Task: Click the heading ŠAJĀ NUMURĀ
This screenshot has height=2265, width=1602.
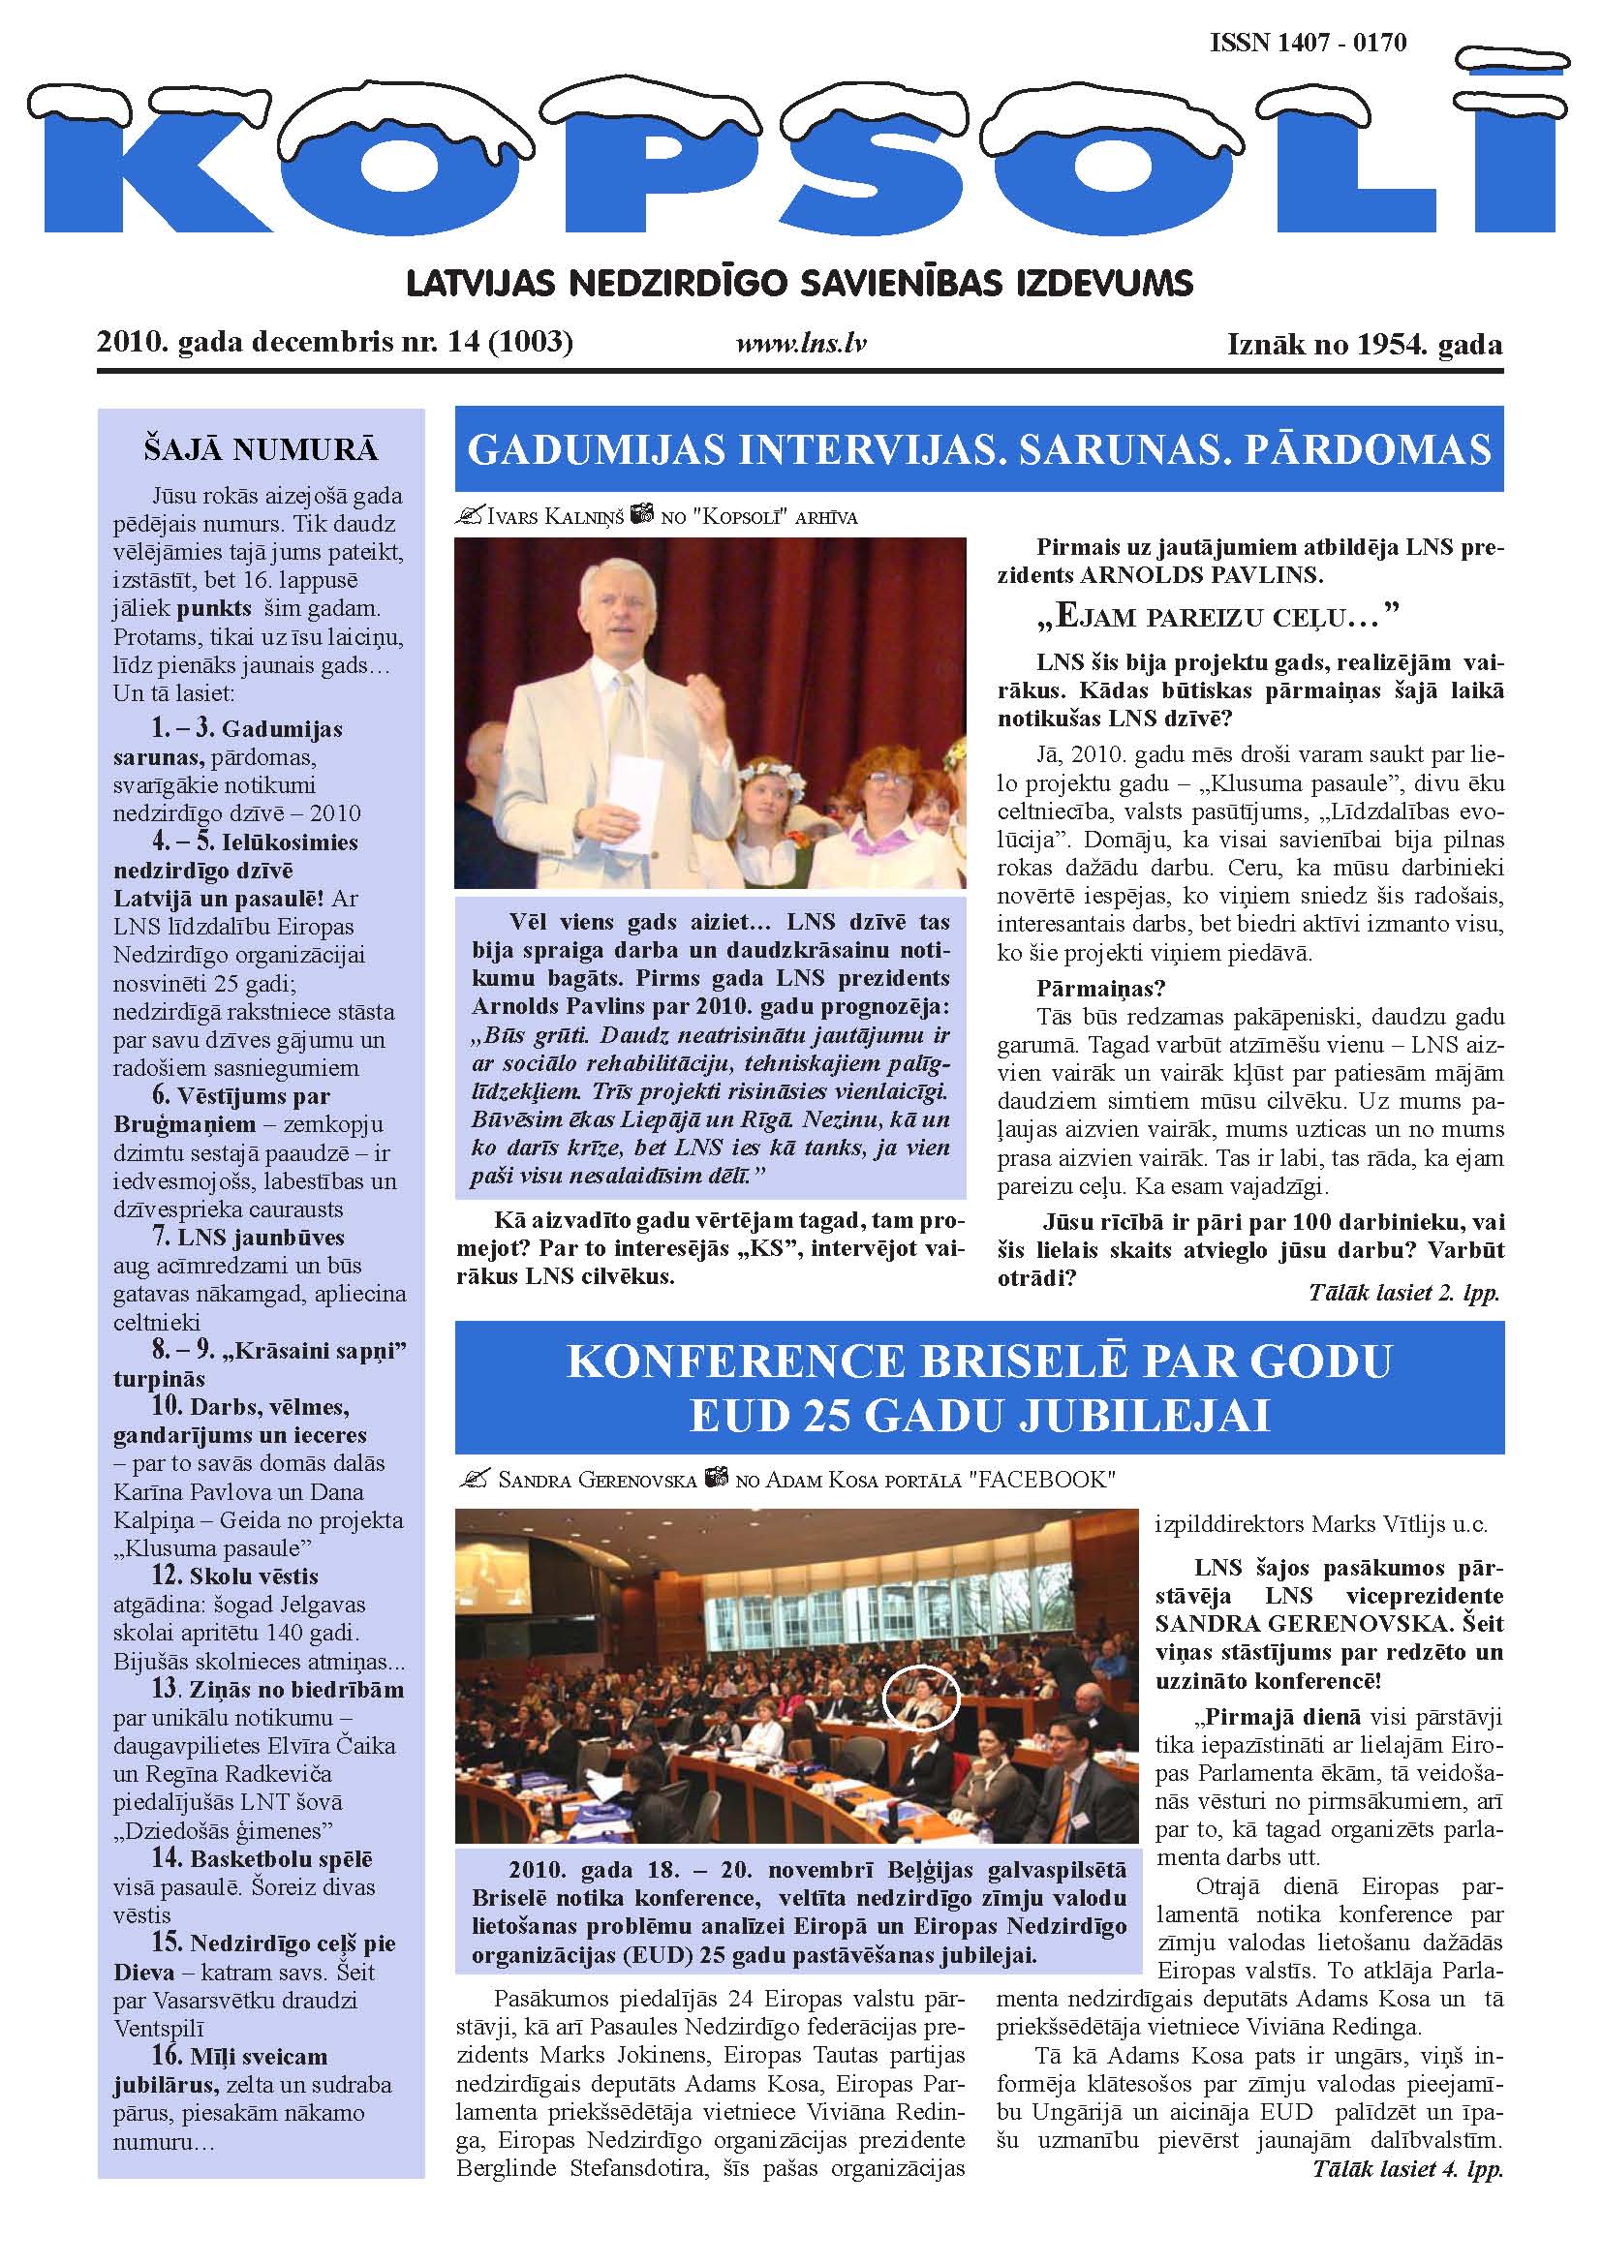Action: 261,450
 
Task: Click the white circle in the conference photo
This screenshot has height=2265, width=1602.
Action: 920,1696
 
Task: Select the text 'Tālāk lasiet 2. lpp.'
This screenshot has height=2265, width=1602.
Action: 1402,1293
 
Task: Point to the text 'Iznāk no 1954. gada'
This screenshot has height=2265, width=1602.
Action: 1365,345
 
